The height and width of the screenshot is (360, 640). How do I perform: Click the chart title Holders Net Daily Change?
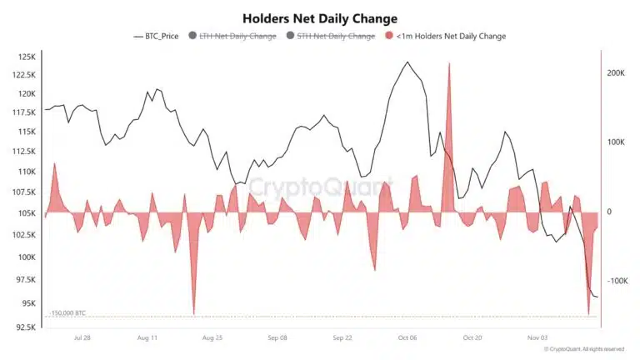point(320,17)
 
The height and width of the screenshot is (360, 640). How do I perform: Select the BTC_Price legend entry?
point(162,37)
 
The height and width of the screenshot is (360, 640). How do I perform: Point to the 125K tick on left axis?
point(24,57)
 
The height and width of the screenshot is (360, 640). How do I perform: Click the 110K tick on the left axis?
point(24,172)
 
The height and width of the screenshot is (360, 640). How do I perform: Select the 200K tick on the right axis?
point(615,73)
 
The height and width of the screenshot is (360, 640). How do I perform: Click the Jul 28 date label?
point(82,339)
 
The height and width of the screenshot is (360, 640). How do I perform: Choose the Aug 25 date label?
point(212,339)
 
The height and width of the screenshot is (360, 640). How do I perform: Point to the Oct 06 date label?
point(408,339)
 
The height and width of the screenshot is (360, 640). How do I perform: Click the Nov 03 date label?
point(537,339)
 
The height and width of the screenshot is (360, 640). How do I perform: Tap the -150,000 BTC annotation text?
point(67,313)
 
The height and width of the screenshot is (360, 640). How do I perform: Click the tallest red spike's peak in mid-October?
point(449,63)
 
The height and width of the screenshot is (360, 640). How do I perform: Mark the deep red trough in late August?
point(194,314)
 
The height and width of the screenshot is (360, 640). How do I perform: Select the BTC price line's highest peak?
point(407,62)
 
